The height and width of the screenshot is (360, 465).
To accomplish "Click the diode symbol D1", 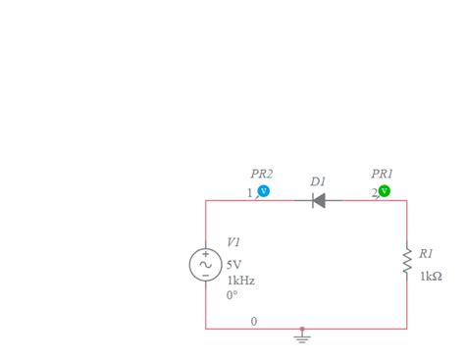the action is click(319, 201).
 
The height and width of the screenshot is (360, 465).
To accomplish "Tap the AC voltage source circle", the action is click(205, 265).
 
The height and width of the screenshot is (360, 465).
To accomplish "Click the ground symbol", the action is click(302, 336).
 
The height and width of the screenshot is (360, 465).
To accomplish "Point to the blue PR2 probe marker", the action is click(263, 191).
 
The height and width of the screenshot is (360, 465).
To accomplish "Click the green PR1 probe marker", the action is click(385, 191).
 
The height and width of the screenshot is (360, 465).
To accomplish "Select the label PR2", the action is click(261, 174).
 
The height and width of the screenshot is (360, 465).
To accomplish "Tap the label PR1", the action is click(383, 174).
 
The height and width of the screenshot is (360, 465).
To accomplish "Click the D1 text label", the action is click(318, 181).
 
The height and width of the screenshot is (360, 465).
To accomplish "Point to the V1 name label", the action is click(233, 241).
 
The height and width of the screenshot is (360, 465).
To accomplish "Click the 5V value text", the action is click(233, 265).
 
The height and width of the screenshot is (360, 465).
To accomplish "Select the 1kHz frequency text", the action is click(240, 280).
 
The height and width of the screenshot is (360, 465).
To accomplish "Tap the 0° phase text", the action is click(232, 294).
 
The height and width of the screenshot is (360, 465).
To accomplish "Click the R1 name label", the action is click(426, 253).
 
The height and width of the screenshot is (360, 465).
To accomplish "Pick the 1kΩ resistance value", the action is click(431, 277).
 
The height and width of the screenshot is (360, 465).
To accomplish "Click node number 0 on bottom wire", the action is click(254, 321).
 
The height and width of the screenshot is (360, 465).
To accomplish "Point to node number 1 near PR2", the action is click(249, 192).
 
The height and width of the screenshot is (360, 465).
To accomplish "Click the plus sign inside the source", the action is click(205, 254).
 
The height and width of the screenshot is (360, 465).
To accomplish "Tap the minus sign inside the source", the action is click(205, 276).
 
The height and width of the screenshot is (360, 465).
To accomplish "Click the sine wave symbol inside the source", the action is click(205, 265).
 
